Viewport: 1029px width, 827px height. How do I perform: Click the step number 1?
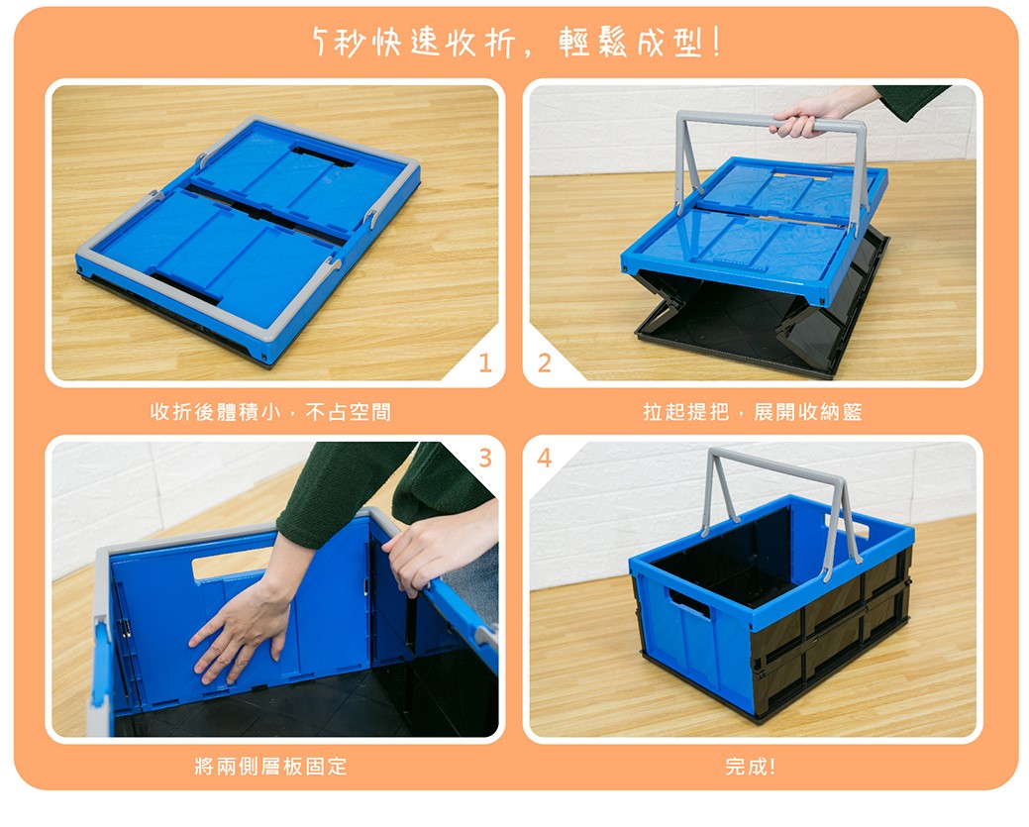click(485, 362)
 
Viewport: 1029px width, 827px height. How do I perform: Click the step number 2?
click(544, 362)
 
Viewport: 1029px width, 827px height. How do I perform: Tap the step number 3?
click(485, 458)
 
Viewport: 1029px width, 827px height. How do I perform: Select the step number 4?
click(544, 458)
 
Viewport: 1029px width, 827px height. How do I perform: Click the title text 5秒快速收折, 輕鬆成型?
click(517, 43)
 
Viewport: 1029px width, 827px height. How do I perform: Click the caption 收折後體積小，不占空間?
click(271, 412)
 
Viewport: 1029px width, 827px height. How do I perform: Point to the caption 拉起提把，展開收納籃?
click(753, 412)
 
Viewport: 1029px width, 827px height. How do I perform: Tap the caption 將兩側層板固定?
click(271, 766)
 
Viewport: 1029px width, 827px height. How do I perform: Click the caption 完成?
click(751, 766)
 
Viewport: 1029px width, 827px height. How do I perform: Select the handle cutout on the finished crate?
click(688, 604)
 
